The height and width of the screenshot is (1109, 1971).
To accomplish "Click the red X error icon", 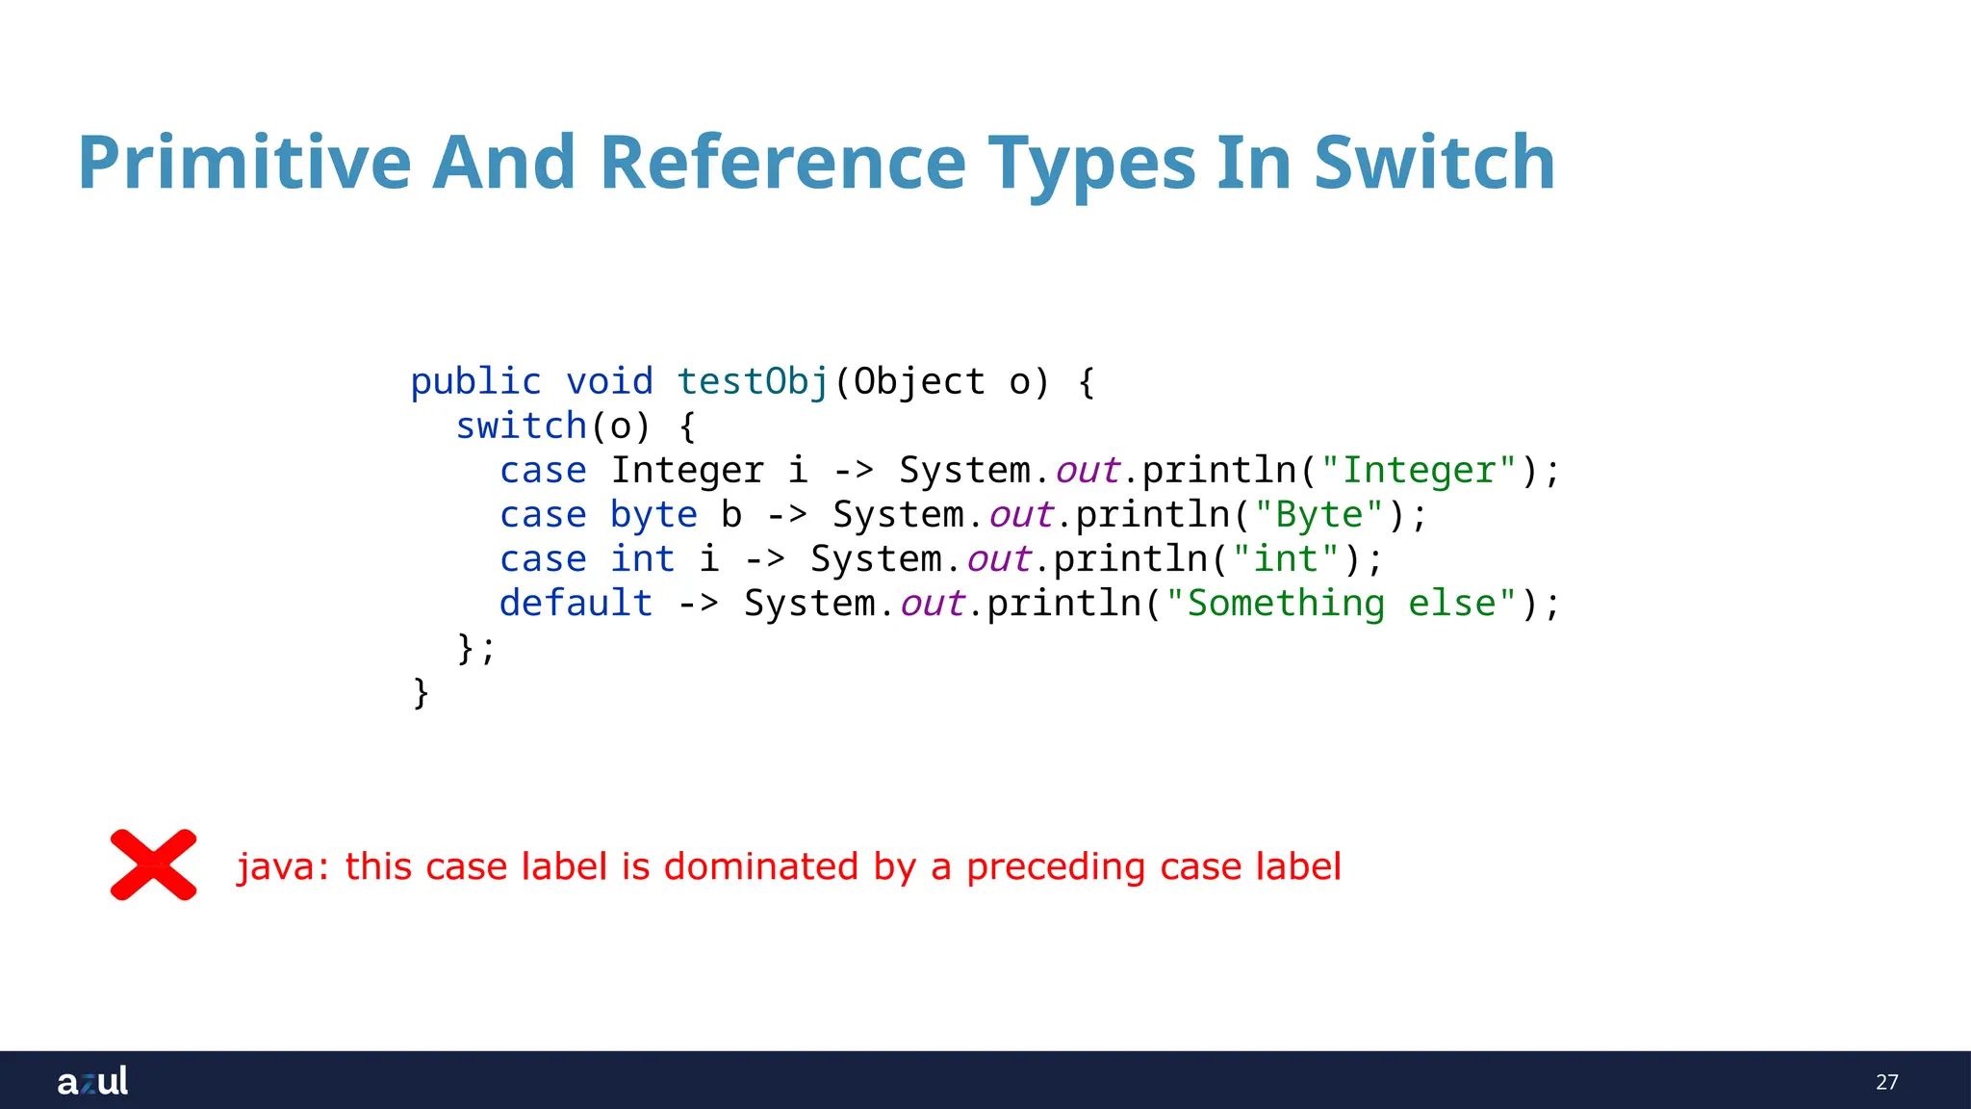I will point(154,864).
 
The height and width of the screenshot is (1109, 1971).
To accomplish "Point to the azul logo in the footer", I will point(92,1081).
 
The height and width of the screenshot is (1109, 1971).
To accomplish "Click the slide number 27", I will point(1886,1082).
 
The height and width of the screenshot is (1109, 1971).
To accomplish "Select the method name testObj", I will point(753,382).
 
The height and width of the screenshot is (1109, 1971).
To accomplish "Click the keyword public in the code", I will point(475,382).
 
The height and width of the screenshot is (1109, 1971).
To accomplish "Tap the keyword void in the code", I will point(609,382).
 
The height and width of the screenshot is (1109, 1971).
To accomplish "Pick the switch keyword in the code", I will point(521,426).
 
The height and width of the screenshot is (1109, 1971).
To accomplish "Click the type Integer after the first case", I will point(687,471).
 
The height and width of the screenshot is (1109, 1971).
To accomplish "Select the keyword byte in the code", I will point(653,515).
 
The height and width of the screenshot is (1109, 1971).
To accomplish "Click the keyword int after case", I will point(642,559).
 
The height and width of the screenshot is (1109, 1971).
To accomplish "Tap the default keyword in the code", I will point(576,604).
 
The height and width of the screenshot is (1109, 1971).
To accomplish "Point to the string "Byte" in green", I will point(1319,515).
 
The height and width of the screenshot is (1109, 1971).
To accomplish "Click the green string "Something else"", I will point(1342,604).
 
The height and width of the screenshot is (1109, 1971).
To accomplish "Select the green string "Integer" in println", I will point(1420,471).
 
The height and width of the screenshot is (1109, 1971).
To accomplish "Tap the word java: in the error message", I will point(283,866).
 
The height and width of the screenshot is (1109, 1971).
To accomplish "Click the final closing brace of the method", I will point(421,692).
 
